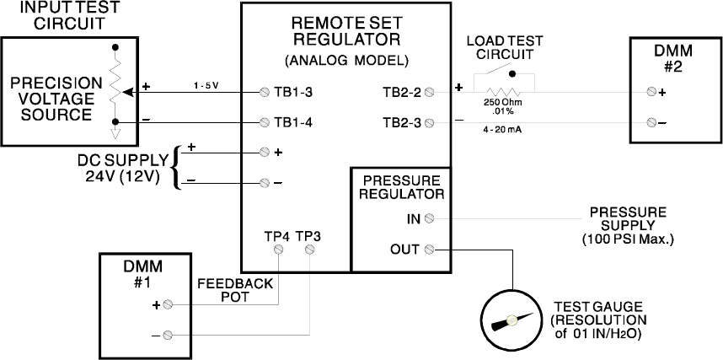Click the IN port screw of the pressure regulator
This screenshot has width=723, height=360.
430,218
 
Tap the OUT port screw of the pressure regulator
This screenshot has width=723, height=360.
430,249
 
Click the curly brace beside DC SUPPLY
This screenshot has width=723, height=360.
176,167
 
